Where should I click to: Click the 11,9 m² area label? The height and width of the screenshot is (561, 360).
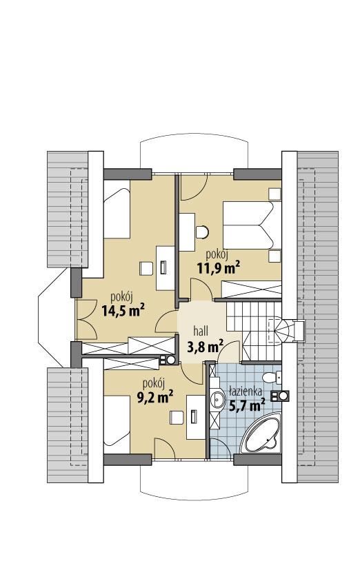[222, 267]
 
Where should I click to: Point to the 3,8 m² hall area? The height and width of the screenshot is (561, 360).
[205, 346]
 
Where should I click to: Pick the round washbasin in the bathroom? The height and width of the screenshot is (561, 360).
[218, 398]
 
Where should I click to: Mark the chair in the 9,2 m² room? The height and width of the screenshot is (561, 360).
[175, 418]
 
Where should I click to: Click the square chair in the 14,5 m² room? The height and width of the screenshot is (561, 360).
[146, 265]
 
